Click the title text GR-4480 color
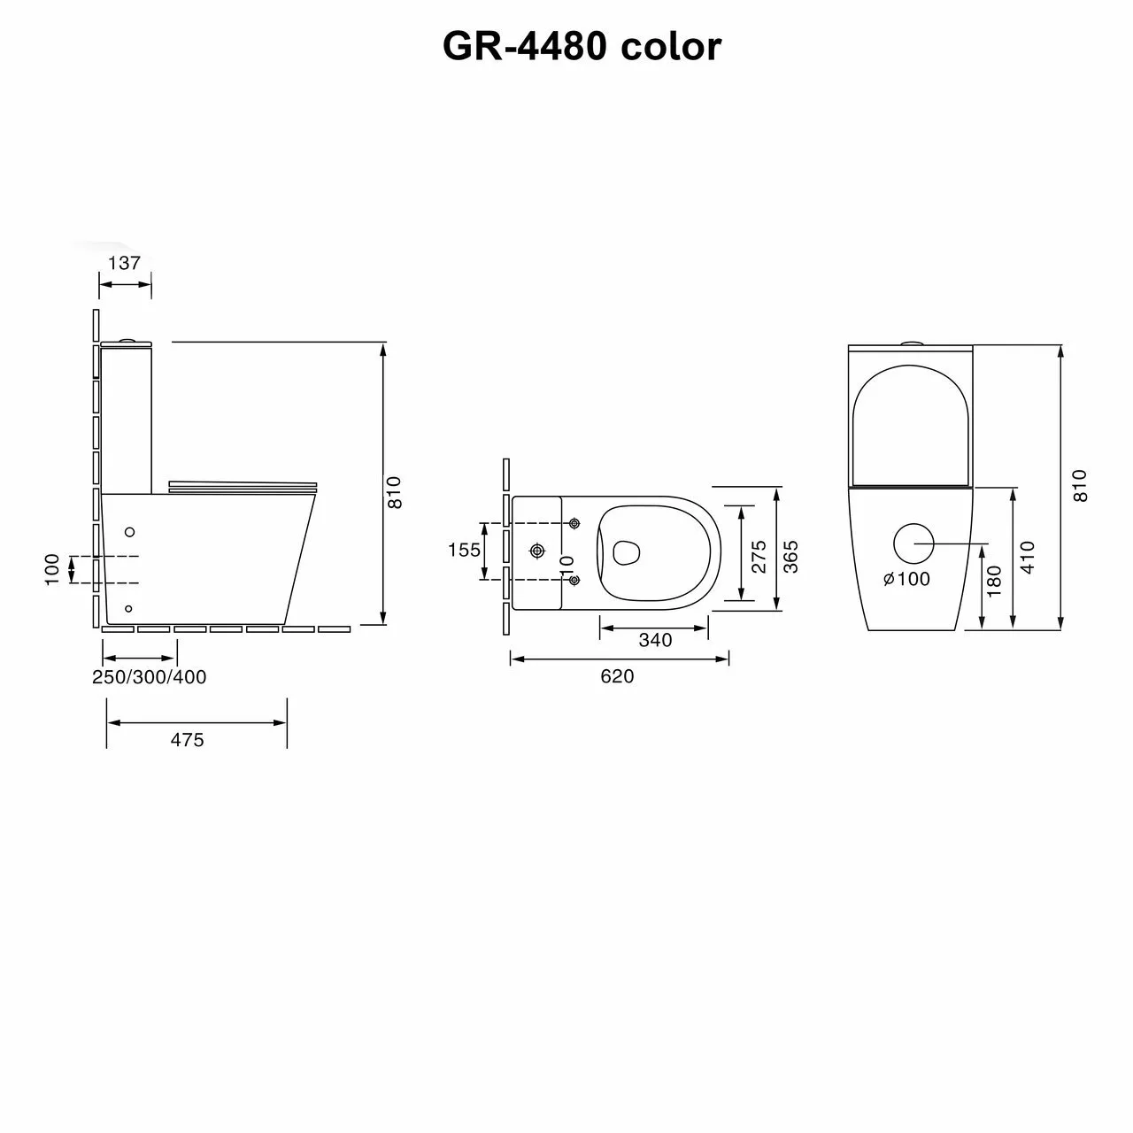click(x=582, y=46)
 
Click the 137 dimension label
click(x=125, y=263)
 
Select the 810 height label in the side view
click(x=396, y=492)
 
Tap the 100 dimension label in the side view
click(x=52, y=568)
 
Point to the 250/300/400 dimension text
click(x=150, y=677)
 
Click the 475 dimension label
click(x=187, y=740)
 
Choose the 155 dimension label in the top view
click(x=464, y=551)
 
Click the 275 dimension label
click(x=759, y=558)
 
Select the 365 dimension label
click(x=791, y=557)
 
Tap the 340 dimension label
click(x=655, y=640)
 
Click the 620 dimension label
click(x=617, y=676)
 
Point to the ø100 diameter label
click(x=906, y=579)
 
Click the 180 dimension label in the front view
click(x=994, y=582)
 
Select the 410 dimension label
click(x=1027, y=558)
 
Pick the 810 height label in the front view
click(x=1080, y=486)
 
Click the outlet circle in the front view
click(x=914, y=543)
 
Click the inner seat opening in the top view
click(x=626, y=551)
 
